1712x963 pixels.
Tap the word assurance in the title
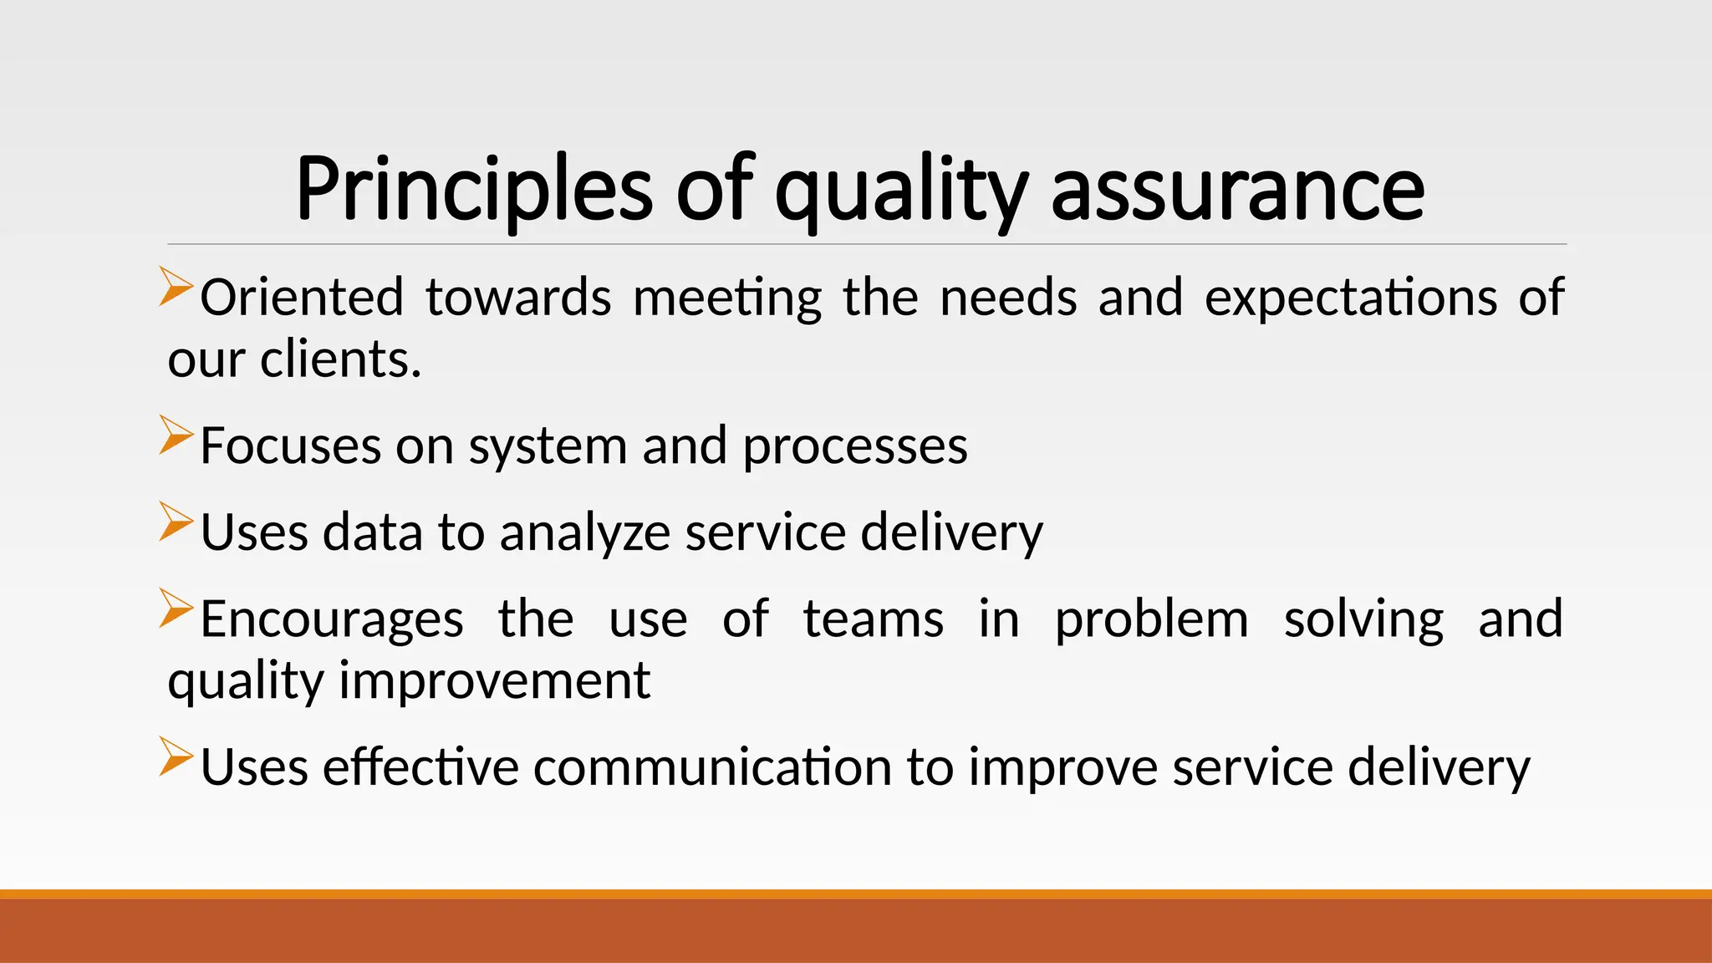(1237, 191)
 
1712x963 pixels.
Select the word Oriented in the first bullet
(302, 298)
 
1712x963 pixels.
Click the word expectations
(1350, 298)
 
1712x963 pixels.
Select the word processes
(854, 447)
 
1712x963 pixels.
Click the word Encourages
(332, 619)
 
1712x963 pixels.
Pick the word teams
(873, 619)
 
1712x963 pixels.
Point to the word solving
(1363, 619)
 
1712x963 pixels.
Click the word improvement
(494, 680)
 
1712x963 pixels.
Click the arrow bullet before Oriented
(176, 286)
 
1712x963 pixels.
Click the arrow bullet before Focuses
(176, 435)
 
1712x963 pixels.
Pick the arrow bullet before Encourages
(176, 608)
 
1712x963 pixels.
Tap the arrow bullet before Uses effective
(176, 756)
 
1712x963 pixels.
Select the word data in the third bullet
(372, 533)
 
